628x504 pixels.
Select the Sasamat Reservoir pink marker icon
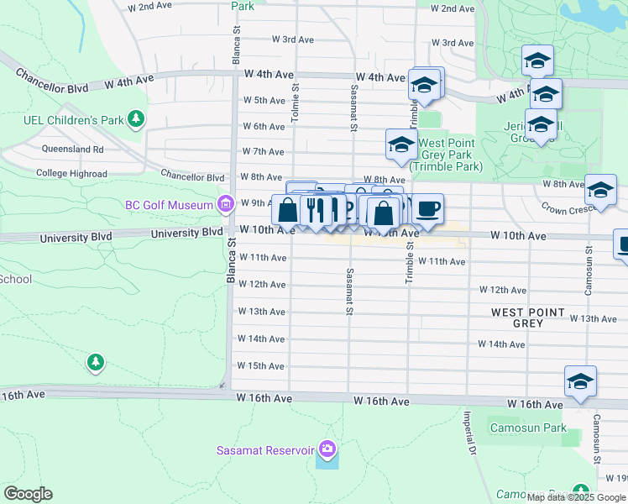point(327,450)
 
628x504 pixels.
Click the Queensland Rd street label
point(73,150)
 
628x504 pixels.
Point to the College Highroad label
point(71,174)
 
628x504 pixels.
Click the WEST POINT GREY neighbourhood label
point(528,318)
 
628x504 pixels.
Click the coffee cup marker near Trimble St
point(427,209)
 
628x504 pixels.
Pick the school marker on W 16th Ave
point(580,381)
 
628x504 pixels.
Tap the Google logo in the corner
point(28,494)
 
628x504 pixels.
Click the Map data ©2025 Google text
point(576,497)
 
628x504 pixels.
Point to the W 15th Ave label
point(261,365)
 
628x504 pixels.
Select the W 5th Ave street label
point(264,100)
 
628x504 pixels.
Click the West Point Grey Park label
point(446,155)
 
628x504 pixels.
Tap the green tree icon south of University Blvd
point(96,362)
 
